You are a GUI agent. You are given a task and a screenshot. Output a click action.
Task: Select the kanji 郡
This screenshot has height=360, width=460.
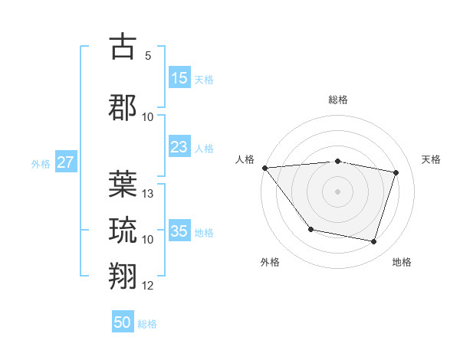(123, 106)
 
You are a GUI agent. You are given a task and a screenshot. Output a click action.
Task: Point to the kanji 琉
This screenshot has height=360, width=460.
(123, 229)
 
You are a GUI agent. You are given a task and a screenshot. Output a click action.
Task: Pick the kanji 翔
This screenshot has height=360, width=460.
(123, 275)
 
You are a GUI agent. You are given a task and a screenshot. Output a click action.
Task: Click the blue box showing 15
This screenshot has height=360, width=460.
(179, 78)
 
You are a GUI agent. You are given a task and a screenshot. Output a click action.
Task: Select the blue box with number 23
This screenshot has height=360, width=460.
(179, 147)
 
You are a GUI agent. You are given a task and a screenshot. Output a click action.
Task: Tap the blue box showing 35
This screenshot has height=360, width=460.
(179, 231)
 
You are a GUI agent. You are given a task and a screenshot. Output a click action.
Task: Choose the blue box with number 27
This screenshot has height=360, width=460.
(66, 162)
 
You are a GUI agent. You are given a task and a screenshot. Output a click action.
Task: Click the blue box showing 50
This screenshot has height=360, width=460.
(123, 322)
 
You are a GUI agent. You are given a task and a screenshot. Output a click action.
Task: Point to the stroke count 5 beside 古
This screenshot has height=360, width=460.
(147, 55)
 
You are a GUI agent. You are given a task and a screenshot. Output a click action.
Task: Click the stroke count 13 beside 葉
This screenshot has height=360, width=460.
(149, 194)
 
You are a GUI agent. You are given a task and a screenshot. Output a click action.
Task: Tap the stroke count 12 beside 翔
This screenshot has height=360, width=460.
(149, 286)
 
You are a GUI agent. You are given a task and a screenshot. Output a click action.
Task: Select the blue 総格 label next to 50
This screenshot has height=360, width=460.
(147, 324)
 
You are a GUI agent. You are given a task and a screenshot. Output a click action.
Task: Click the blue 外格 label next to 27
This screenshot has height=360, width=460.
(41, 163)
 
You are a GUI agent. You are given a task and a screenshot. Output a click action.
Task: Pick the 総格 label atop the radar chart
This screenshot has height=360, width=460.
(337, 100)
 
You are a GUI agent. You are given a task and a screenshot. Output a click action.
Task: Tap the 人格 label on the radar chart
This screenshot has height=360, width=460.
(245, 159)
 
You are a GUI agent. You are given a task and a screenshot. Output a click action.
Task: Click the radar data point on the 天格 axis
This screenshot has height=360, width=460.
(396, 172)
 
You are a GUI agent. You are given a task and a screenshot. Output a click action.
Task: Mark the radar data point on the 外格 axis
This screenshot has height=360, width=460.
(310, 229)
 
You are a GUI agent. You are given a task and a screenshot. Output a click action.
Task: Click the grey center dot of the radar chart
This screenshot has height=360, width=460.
(337, 191)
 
